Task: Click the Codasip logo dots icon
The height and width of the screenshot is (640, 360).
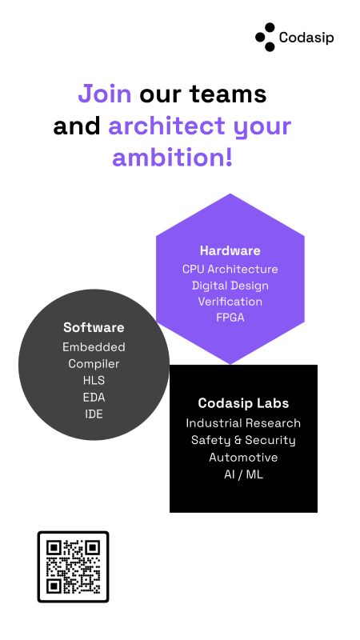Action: (x=266, y=37)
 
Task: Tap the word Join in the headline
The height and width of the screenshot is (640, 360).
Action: (x=105, y=94)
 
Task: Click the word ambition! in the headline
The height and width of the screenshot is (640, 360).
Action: (x=172, y=157)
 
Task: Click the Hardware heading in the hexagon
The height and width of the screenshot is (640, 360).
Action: (x=230, y=250)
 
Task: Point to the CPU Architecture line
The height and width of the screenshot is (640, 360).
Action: (x=230, y=270)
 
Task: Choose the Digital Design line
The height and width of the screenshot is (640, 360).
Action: (x=230, y=286)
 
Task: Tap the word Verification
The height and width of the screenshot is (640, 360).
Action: (x=230, y=302)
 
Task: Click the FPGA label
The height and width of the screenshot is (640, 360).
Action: (x=230, y=318)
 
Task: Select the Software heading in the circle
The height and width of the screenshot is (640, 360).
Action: (x=94, y=327)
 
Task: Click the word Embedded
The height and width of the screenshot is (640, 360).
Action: (x=94, y=347)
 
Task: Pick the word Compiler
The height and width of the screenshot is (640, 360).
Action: (x=94, y=364)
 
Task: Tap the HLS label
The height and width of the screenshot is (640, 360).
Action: (x=94, y=381)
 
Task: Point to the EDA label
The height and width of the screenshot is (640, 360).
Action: (x=94, y=397)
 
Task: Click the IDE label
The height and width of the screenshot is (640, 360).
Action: (x=94, y=414)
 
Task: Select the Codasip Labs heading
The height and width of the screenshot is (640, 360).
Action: (x=243, y=403)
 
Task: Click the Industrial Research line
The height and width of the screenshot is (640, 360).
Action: (x=243, y=423)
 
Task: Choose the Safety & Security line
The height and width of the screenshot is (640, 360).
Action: (x=243, y=441)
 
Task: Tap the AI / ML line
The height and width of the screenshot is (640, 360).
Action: (x=243, y=474)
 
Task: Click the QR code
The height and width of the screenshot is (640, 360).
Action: (x=73, y=566)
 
